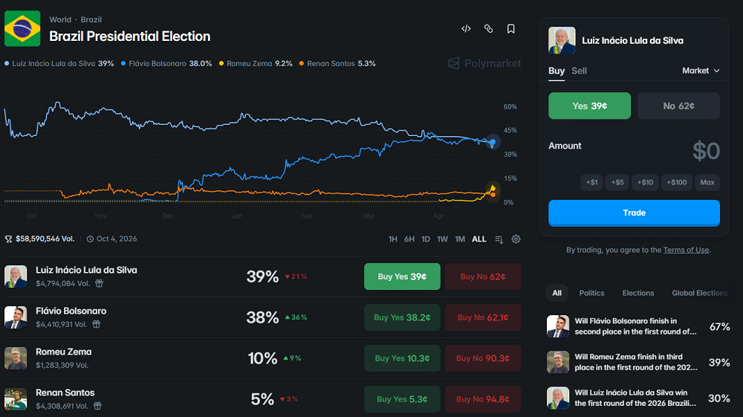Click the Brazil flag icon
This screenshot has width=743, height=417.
click(22, 29)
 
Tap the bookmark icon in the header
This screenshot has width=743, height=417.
click(511, 29)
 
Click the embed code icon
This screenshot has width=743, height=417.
click(466, 29)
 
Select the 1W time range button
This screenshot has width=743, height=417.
click(443, 239)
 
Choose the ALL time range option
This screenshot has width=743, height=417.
click(479, 239)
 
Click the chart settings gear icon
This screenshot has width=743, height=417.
click(516, 239)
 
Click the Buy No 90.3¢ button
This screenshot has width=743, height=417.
click(483, 358)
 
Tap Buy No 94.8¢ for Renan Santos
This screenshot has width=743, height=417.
click(483, 399)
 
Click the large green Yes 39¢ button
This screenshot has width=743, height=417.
click(590, 106)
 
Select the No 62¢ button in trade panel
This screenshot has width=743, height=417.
click(678, 106)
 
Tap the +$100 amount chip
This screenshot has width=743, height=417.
click(677, 182)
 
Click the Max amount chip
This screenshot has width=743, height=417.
click(707, 182)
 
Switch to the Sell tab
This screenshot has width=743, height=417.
click(579, 71)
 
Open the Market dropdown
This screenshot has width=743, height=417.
click(701, 71)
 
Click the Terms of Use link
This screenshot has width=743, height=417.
click(686, 250)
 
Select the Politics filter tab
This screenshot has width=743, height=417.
click(592, 293)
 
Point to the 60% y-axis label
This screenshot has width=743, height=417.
click(510, 107)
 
